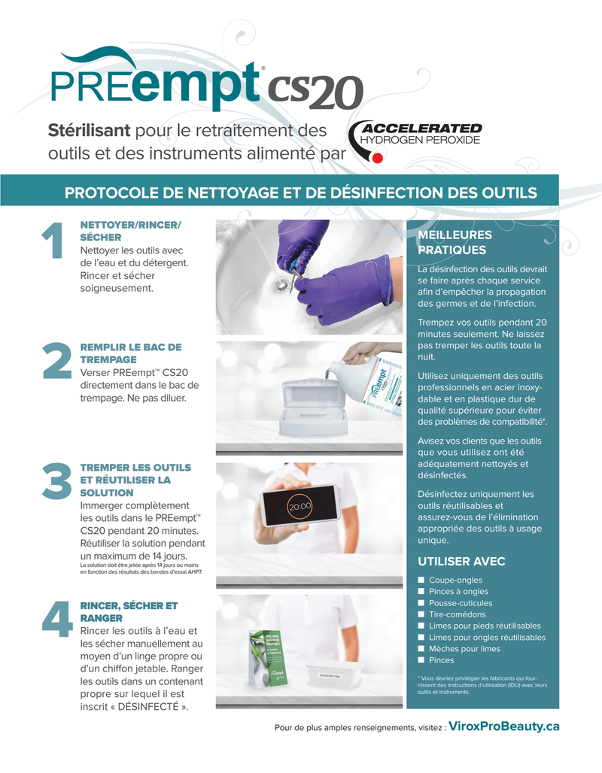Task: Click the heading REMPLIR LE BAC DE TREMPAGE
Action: pos(130,353)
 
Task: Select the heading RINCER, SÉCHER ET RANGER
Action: pos(129,611)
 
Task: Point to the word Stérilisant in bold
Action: pos(90,131)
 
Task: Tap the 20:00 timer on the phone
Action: pos(299,507)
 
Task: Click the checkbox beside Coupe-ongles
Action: pos(421,581)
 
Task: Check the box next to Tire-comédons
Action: pos(421,614)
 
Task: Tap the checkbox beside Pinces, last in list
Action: pos(421,660)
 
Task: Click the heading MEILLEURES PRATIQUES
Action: pos(455,243)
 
